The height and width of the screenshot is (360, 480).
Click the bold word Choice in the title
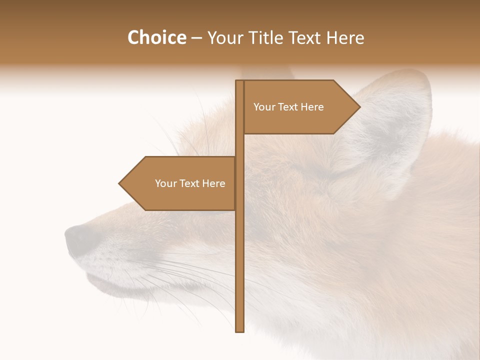156,38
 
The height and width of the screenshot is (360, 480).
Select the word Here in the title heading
344,38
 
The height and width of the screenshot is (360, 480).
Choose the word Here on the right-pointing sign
312,107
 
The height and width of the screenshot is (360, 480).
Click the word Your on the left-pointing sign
165,183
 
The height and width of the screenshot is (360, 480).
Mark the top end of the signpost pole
239,82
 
